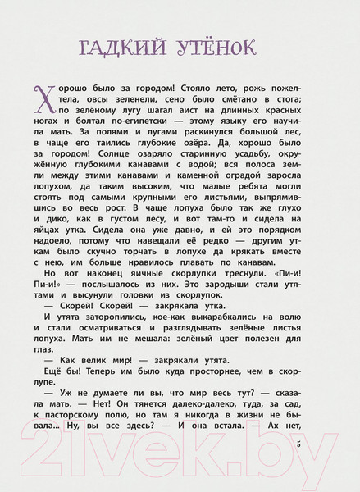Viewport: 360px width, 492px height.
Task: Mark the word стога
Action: (285, 98)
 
